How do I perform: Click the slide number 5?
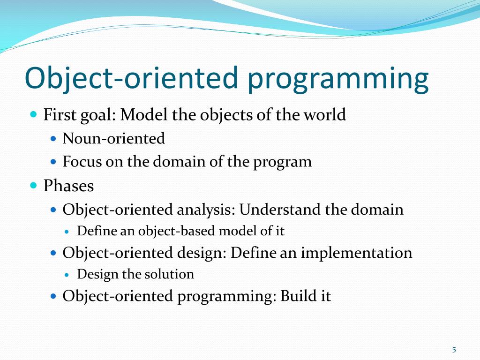pos(454,350)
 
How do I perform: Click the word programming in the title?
pos(337,79)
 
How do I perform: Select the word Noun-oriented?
pos(113,138)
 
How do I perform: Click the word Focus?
pos(82,161)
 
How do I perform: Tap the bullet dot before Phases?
pos(34,185)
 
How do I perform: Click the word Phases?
pos(68,186)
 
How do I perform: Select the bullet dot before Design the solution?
pos(67,275)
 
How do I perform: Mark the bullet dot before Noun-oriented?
pos(53,139)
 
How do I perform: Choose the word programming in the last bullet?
pos(226,297)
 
